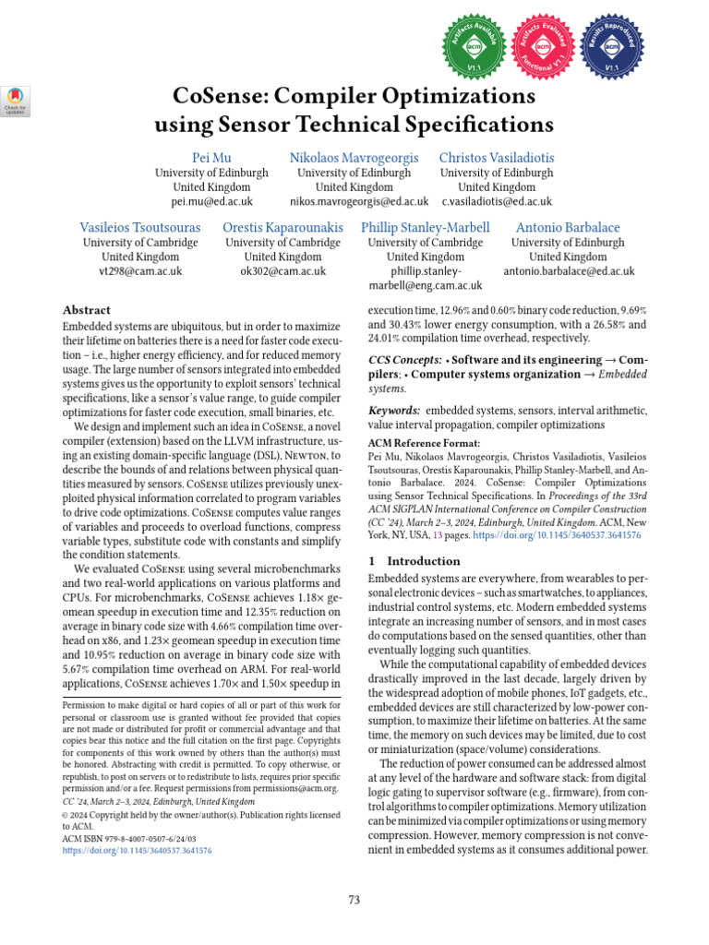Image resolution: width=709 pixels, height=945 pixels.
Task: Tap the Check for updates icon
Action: (x=17, y=100)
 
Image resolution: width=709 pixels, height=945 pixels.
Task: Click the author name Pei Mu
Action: (x=211, y=157)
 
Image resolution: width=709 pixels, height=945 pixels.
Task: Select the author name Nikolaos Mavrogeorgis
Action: (x=354, y=157)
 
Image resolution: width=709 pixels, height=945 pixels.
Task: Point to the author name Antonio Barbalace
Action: (x=568, y=227)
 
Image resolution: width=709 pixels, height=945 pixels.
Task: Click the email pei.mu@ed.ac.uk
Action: (x=211, y=201)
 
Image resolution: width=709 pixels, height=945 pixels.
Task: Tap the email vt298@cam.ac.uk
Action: (x=140, y=271)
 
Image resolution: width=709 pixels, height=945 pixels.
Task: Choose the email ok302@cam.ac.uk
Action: (x=282, y=271)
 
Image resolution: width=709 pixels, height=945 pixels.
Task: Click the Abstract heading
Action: (x=86, y=311)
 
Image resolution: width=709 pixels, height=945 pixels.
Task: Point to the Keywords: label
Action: (x=395, y=410)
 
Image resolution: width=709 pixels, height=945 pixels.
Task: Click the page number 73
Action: (x=354, y=900)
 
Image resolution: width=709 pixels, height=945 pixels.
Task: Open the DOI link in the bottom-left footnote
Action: (x=137, y=850)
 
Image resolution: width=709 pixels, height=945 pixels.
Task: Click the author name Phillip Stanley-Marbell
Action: (x=426, y=227)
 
